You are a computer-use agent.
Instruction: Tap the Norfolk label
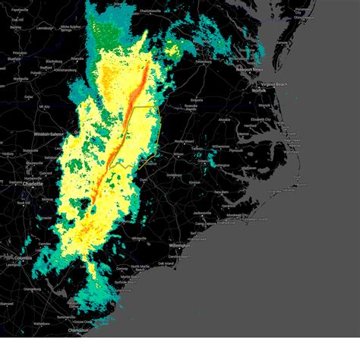(260, 90)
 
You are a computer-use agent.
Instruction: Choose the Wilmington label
(179, 245)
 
